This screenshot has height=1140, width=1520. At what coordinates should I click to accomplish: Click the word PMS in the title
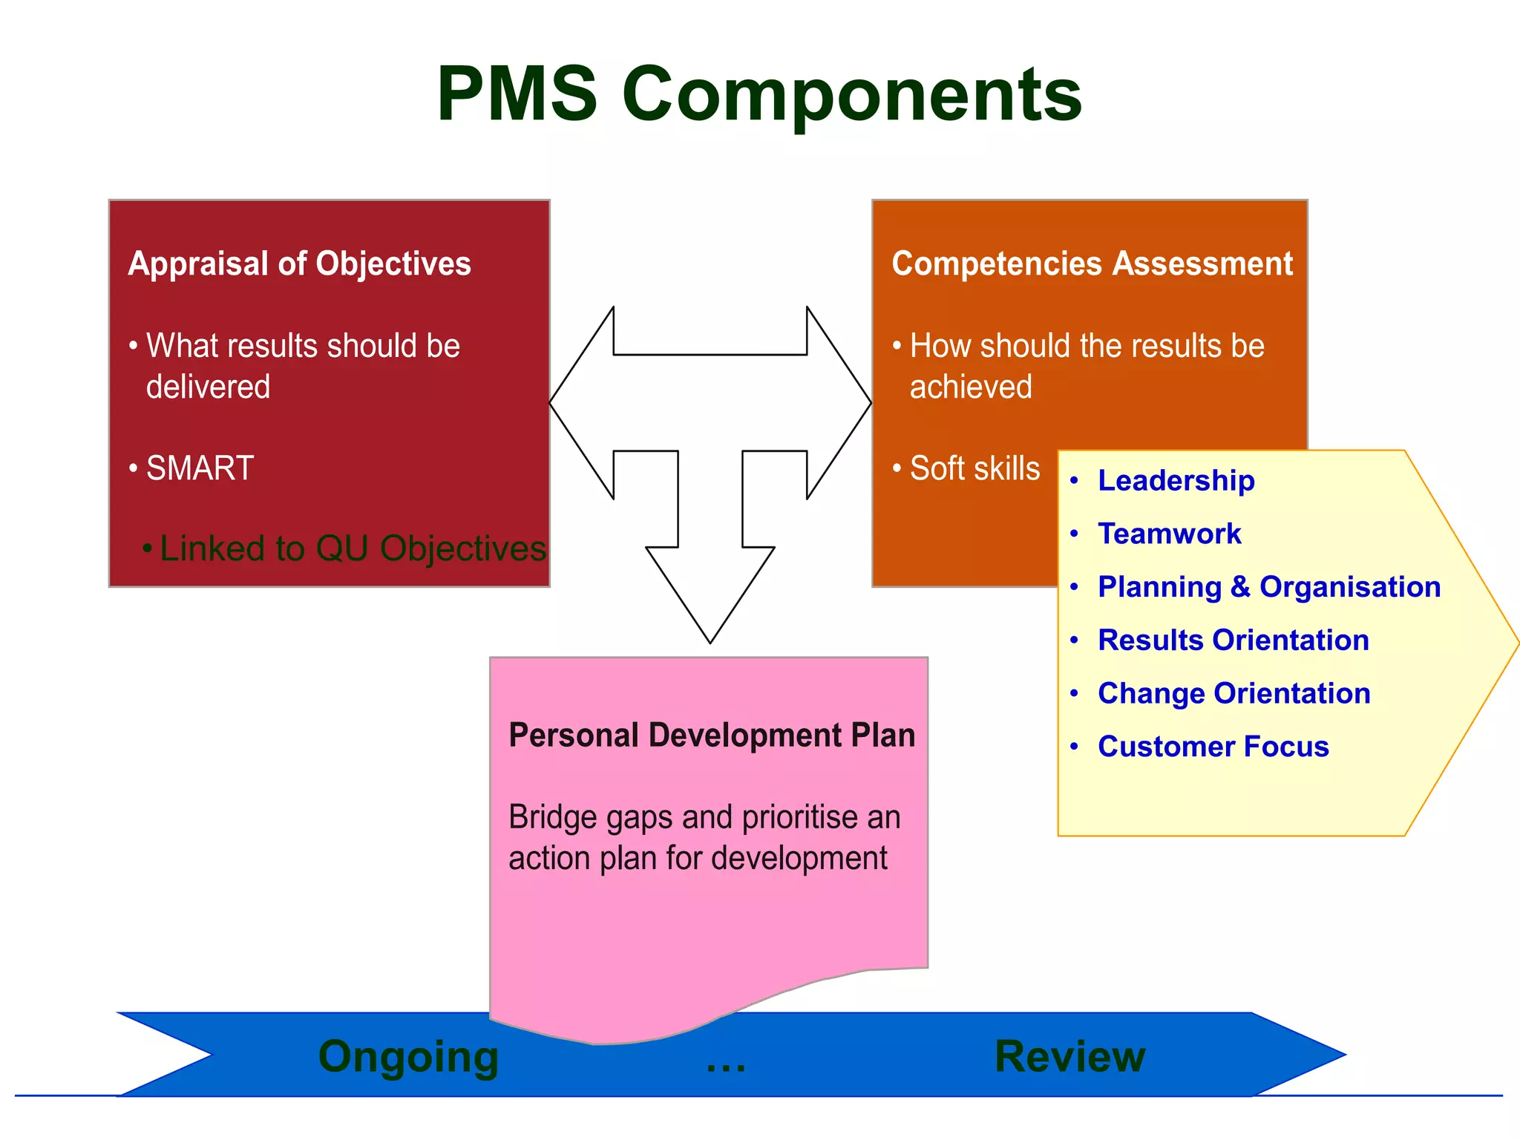click(517, 94)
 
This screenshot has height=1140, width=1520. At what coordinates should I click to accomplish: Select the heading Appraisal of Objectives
click(299, 264)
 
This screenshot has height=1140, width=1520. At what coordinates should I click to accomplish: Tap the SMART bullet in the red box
click(200, 468)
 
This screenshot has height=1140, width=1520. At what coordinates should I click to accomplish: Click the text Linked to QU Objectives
click(353, 549)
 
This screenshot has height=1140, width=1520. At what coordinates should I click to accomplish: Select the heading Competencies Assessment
click(1092, 264)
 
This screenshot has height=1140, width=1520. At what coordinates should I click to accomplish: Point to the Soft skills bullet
click(974, 468)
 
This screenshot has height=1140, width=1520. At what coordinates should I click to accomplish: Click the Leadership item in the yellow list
click(1176, 481)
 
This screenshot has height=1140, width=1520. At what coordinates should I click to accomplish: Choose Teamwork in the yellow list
click(1169, 534)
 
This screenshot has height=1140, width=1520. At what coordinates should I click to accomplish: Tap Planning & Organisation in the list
click(1268, 587)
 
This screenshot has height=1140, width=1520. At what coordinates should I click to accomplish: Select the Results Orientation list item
click(1233, 641)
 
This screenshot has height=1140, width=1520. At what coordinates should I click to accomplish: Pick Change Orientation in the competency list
click(1234, 693)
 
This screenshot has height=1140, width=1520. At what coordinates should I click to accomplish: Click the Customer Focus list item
click(1213, 747)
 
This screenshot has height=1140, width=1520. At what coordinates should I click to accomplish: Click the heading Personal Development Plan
click(712, 736)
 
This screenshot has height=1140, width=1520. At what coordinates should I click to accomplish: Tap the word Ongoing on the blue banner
click(408, 1056)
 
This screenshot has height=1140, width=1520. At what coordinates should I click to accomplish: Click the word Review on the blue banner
click(1069, 1056)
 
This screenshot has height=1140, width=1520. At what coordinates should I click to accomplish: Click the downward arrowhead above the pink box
click(710, 594)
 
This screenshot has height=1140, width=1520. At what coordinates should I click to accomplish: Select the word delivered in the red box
click(208, 387)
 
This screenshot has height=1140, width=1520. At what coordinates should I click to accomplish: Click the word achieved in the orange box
click(971, 387)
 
